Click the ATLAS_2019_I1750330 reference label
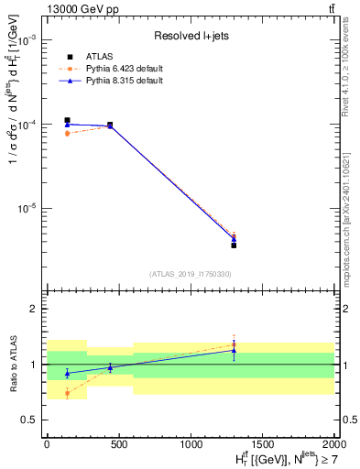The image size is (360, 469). (191, 274)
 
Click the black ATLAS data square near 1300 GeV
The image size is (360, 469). (234, 245)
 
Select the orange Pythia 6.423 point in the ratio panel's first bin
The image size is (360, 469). (67, 393)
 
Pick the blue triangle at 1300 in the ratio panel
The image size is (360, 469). (234, 350)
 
